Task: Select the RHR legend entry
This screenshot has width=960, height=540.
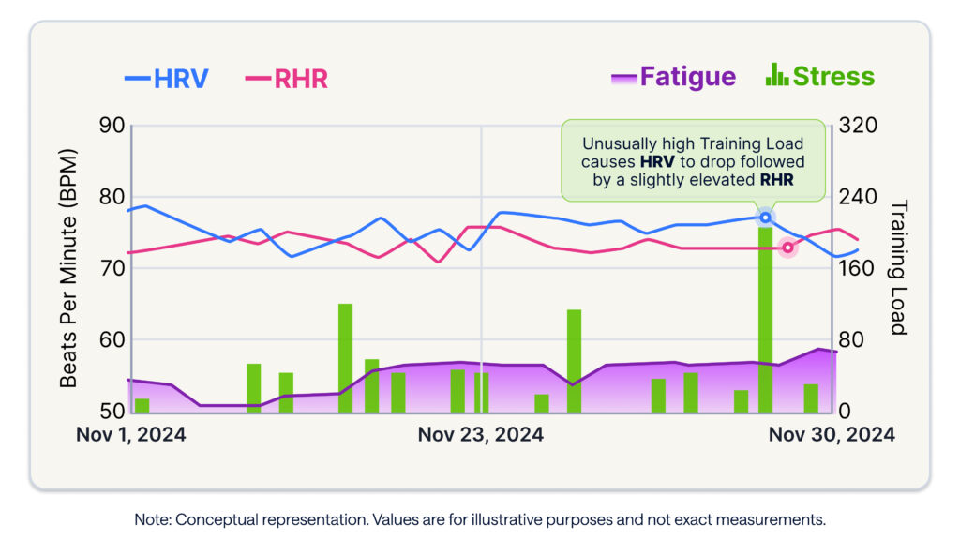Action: point(287,78)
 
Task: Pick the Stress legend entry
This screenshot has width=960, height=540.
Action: point(820,77)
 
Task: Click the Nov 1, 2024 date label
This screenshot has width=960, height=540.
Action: point(130,435)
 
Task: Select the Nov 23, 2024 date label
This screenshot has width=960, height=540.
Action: point(480,435)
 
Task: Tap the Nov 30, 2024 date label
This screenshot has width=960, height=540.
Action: point(831,435)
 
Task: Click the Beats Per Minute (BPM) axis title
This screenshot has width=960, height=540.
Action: point(68,267)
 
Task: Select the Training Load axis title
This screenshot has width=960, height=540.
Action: point(897,267)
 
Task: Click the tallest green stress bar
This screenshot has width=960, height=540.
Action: point(766,319)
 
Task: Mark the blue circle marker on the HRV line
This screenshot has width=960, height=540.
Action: point(765,217)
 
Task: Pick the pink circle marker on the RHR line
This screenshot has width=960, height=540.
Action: point(787,248)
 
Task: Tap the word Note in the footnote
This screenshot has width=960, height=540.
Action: point(150,518)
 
